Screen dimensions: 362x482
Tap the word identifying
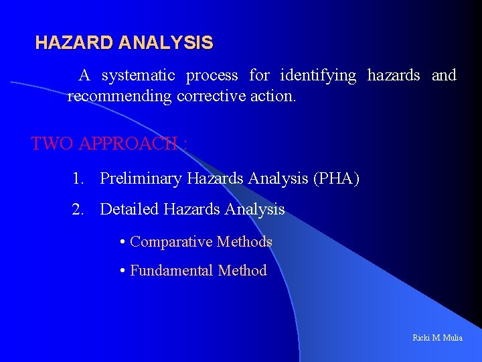[318, 75]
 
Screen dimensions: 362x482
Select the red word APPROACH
[128, 143]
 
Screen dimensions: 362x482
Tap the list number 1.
[79, 179]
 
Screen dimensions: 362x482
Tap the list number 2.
[79, 210]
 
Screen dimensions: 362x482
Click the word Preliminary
[141, 179]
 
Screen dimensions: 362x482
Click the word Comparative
[171, 241]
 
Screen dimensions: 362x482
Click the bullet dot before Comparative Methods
[123, 242]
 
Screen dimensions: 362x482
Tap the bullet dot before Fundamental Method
[123, 271]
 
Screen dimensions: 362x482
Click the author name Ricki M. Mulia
[437, 337]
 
